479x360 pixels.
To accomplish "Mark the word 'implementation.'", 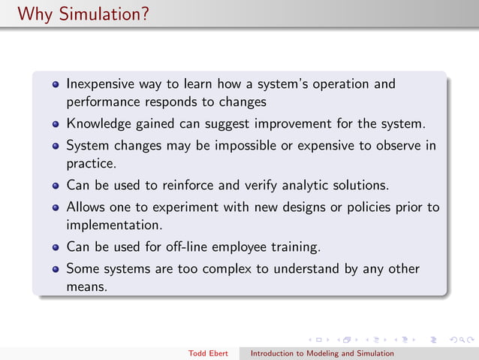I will (x=114, y=224).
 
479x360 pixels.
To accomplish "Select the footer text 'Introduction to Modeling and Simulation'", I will (x=321, y=352).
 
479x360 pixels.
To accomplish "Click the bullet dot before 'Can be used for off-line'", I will (x=56, y=247).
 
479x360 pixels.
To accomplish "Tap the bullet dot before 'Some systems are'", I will (x=56, y=269).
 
